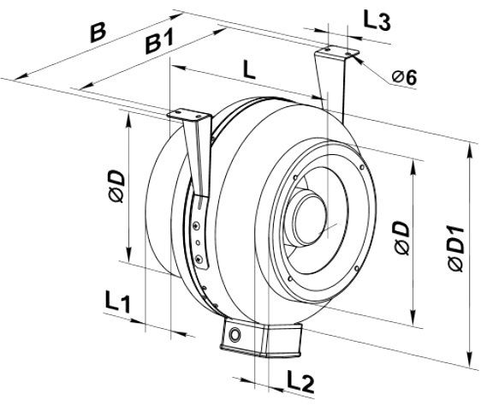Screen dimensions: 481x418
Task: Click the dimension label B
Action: pos(98,32)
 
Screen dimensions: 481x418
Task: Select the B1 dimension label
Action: pos(159,41)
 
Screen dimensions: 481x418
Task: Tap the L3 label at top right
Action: pos(377,21)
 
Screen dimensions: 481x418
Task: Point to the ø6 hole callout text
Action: pos(404,77)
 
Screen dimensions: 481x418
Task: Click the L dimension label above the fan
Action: pos(249,69)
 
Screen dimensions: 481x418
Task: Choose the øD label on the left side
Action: pos(117,187)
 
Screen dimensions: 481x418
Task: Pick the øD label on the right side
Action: pos(402,238)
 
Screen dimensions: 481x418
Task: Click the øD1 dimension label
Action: pos(456,248)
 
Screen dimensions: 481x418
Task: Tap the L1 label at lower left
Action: pos(118,303)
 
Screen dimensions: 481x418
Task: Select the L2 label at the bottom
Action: pos(300,381)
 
